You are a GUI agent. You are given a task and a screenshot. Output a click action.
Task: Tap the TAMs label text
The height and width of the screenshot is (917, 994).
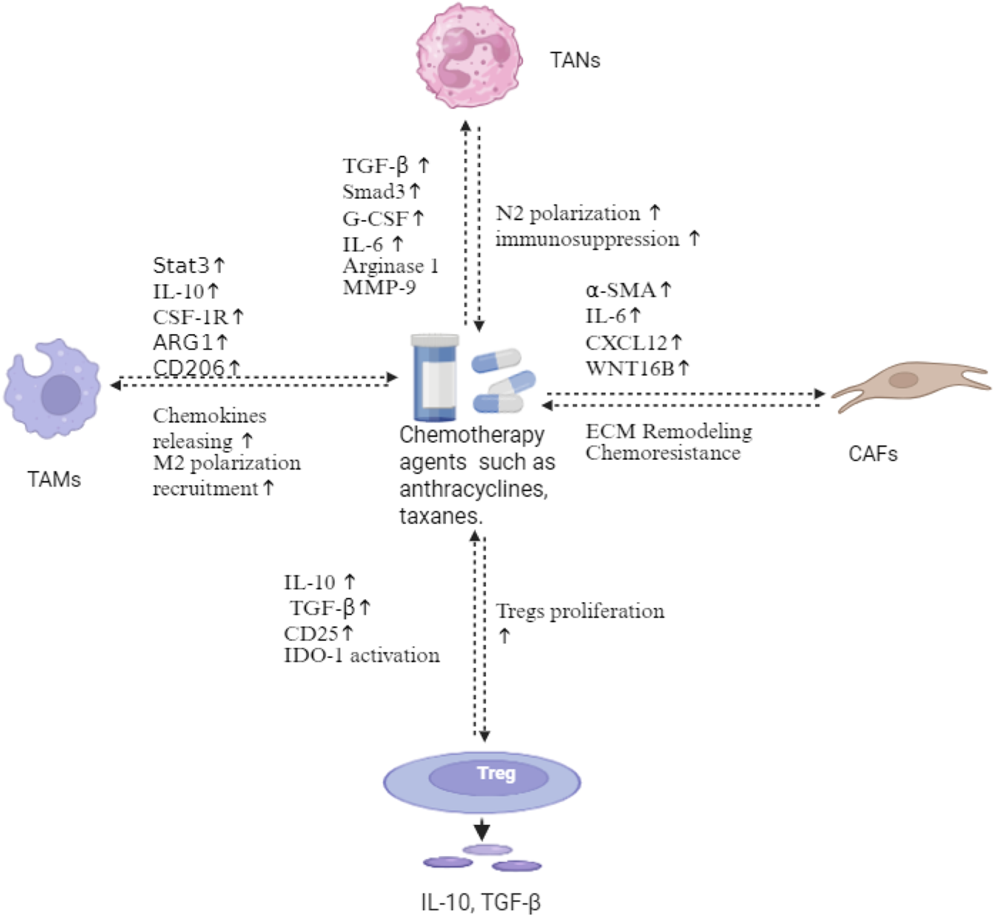coord(54,479)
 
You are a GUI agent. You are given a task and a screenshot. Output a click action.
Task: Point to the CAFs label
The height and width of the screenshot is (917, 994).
coord(873,453)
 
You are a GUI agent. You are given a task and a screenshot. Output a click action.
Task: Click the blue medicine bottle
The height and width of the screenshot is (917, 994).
coord(435,377)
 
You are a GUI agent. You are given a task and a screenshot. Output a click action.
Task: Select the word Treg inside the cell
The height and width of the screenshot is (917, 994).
coord(496,773)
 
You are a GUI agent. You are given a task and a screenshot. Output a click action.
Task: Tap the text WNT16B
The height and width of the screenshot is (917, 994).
coord(630,368)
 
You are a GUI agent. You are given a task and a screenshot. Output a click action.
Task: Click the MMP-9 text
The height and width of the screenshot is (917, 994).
coord(379,288)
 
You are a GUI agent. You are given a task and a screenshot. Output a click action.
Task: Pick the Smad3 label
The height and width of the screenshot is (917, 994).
coord(374,192)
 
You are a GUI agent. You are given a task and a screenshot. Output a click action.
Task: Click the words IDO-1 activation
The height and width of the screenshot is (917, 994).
coord(361,655)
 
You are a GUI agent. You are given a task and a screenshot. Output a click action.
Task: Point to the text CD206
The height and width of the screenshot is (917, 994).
coord(188,367)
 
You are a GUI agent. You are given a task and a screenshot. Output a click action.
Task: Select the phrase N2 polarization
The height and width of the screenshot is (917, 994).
coord(567,213)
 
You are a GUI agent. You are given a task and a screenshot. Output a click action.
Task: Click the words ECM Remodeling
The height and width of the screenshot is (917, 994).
coord(668,431)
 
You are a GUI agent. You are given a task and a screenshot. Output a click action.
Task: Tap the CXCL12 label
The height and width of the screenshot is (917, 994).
coord(626,342)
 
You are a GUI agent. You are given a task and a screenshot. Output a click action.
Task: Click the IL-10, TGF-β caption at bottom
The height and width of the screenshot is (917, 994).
coord(480,902)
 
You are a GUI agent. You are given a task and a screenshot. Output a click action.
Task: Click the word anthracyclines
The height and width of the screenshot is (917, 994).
coord(473,489)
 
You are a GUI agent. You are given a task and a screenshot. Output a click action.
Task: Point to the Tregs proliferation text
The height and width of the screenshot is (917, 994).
coord(580,611)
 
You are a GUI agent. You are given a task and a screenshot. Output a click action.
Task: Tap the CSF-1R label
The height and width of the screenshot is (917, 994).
coord(191,317)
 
